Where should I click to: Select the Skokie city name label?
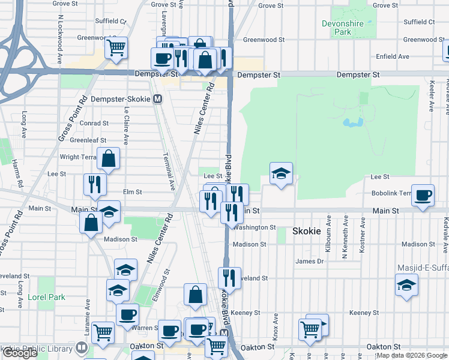point(306,231)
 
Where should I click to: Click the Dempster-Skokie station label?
point(121,99)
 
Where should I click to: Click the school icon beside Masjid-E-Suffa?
point(406,284)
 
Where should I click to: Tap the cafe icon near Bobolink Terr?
point(423,194)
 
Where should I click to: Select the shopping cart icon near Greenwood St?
point(116,47)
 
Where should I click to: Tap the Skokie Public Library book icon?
point(81,348)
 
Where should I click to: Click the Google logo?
point(20,353)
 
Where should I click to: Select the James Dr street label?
point(309,261)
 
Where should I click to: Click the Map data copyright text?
point(412,355)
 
